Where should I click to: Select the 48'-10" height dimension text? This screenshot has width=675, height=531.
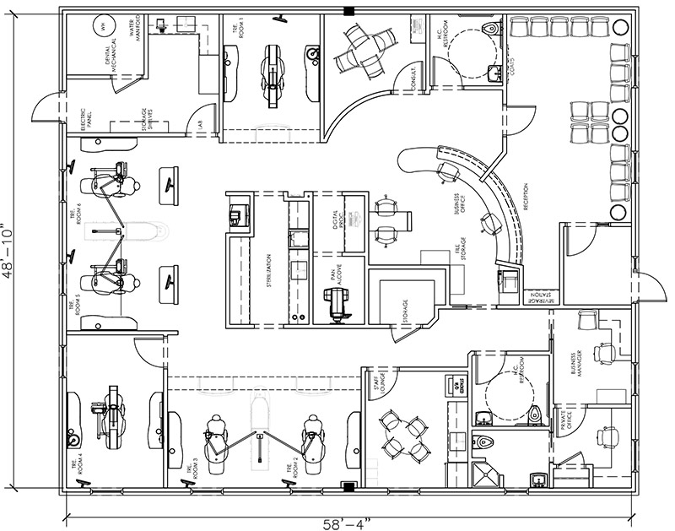coord(11,250)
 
